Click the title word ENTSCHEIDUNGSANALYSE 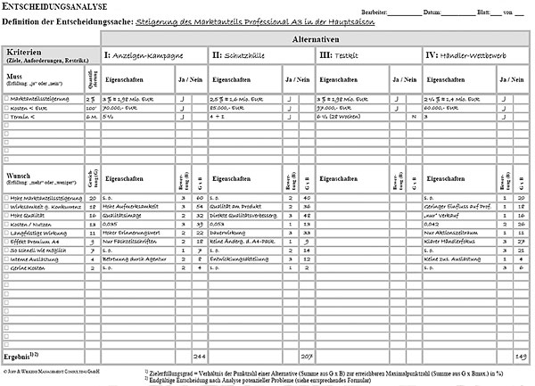tap(55, 7)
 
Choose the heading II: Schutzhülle tap(241, 56)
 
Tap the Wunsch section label tap(19, 177)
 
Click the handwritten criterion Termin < tap(31, 117)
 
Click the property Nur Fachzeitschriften tap(131, 241)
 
